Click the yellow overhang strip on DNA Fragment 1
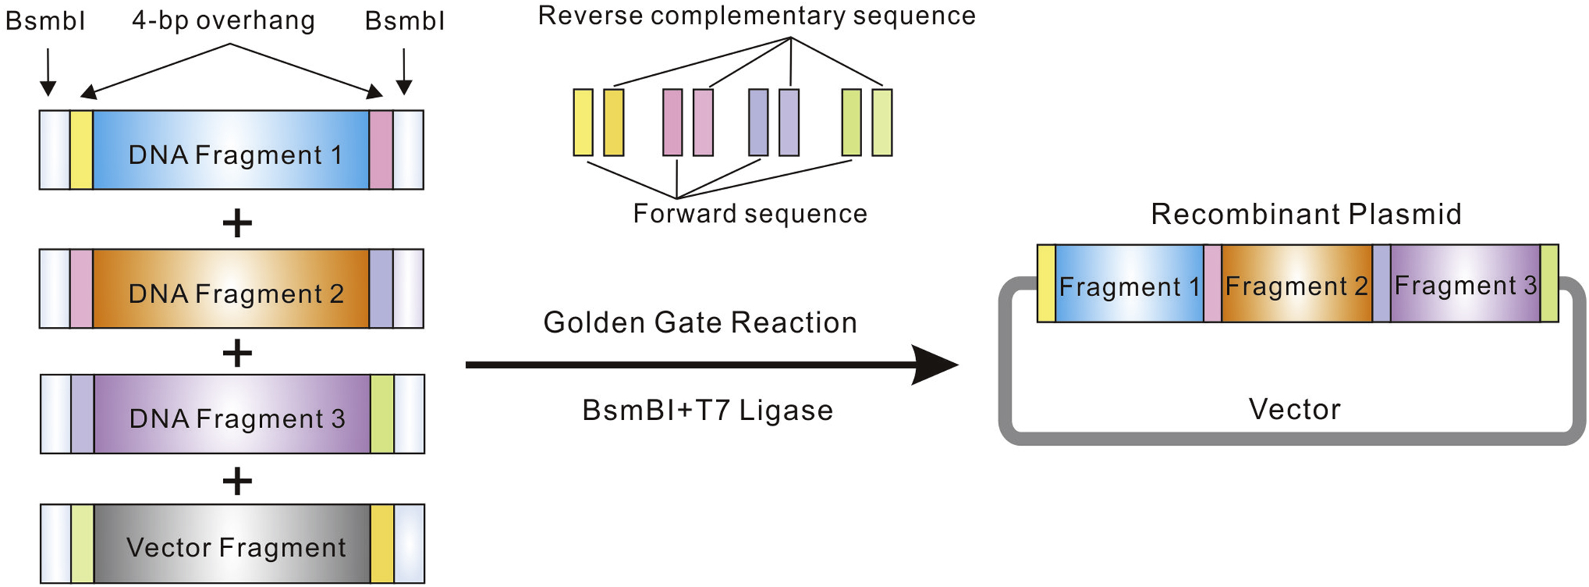pos(81,150)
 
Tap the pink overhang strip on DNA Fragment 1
pos(381,150)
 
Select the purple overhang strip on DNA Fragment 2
pos(381,289)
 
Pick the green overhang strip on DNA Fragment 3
pos(382,414)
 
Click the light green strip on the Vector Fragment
pos(83,544)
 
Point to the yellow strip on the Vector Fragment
pos(382,544)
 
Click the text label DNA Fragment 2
pos(236,294)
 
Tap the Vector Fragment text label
pos(236,547)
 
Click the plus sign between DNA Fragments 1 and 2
pos(237,223)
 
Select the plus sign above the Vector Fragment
pos(237,480)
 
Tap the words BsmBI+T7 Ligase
pos(707,411)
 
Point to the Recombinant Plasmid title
pos(1306,214)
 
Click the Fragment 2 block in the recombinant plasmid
pos(1297,284)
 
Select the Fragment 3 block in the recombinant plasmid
pos(1465,284)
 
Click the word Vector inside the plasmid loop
pos(1295,409)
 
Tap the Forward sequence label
pos(750,213)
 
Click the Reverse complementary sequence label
pos(756,16)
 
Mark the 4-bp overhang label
pos(223,20)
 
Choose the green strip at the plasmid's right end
pos(1549,283)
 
